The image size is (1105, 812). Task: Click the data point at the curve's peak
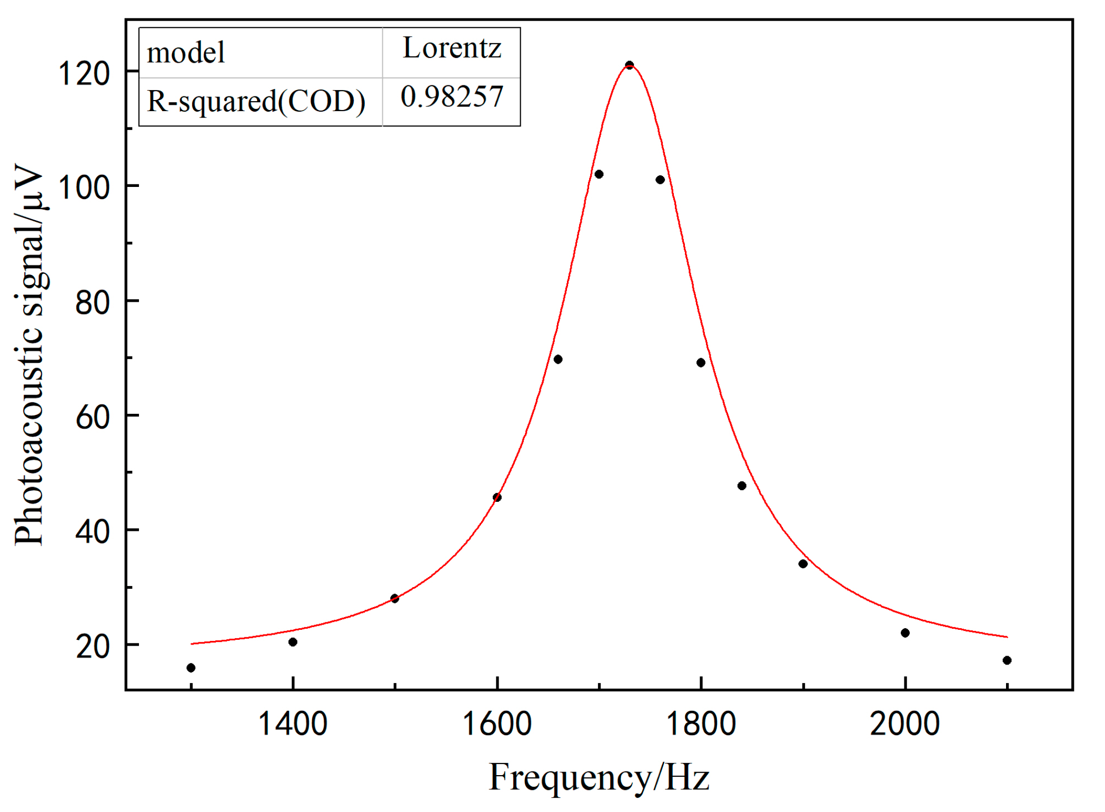[629, 65]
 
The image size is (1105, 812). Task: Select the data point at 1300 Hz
[191, 668]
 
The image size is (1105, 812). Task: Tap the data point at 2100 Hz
[1007, 660]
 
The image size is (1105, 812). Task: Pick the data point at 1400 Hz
[293, 642]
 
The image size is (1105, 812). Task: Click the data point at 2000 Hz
[905, 633]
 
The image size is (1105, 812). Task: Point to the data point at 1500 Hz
[395, 598]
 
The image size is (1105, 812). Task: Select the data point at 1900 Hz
[803, 564]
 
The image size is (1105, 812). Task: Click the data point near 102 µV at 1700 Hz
[599, 174]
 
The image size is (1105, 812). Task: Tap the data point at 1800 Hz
[701, 362]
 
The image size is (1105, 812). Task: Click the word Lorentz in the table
[452, 48]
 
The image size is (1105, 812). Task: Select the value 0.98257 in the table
[452, 97]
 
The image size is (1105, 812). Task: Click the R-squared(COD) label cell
[256, 101]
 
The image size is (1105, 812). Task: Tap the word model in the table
[185, 53]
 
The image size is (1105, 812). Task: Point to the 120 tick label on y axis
[84, 73]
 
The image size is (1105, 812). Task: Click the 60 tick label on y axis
[92, 417]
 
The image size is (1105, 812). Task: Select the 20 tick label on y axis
[92, 646]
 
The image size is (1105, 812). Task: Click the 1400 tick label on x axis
[293, 724]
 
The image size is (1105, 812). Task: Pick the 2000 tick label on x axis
[904, 724]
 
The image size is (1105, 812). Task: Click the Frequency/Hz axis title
[599, 777]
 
